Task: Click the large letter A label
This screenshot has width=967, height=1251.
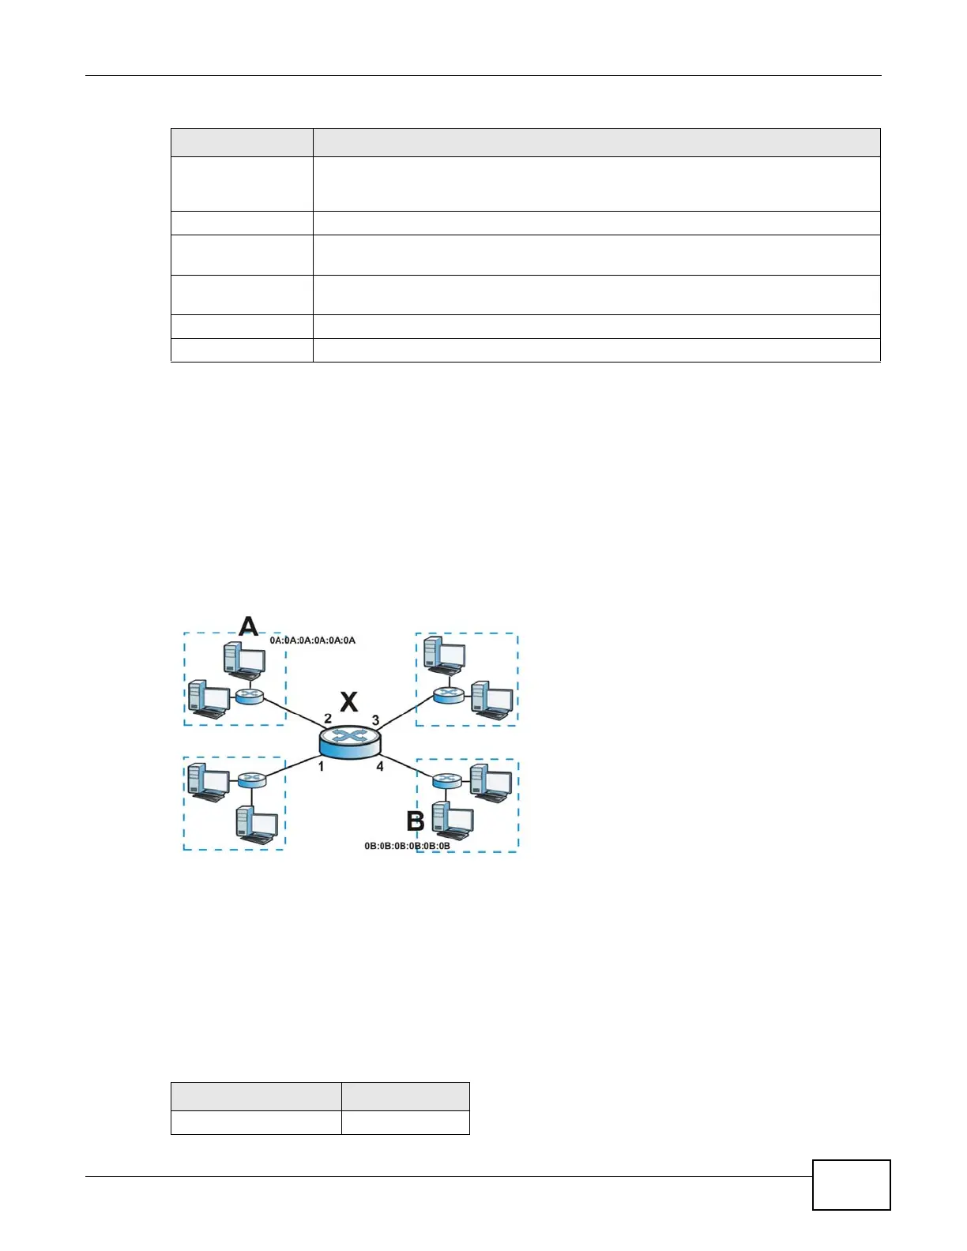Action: point(249,626)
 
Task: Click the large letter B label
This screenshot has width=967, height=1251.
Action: point(416,821)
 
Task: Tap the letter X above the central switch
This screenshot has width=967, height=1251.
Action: point(348,701)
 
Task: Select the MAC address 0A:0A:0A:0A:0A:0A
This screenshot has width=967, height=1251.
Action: point(313,641)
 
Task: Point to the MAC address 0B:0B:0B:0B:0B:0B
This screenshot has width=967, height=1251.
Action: point(407,846)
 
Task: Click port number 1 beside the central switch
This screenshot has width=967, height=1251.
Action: point(321,766)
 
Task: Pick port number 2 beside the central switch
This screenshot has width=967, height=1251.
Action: point(328,719)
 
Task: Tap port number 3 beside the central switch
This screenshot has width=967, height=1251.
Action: point(375,720)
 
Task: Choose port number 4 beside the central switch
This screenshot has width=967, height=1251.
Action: point(380,766)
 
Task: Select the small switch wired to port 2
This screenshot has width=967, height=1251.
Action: point(250,697)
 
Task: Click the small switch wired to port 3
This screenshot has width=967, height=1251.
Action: point(448,694)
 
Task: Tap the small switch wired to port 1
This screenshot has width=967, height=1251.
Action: point(251,780)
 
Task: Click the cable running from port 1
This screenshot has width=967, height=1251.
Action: point(292,765)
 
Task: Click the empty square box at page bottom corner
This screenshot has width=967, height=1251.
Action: point(851,1184)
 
